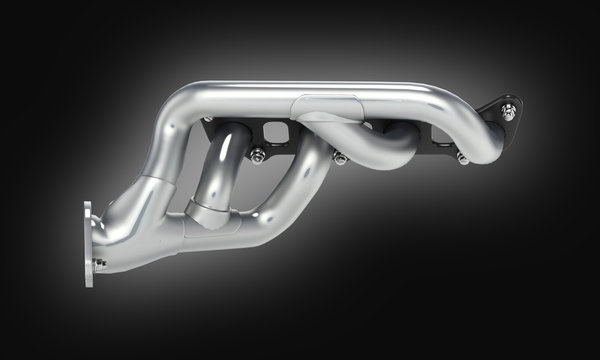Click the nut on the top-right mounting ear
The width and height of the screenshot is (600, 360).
[509, 114]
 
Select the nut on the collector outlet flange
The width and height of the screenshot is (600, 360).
[99, 262]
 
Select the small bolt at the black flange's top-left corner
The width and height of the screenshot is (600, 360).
[207, 121]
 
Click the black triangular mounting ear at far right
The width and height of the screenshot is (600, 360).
[499, 109]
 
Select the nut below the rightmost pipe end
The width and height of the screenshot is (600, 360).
[462, 159]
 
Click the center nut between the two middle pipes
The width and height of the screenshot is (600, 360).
[340, 158]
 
